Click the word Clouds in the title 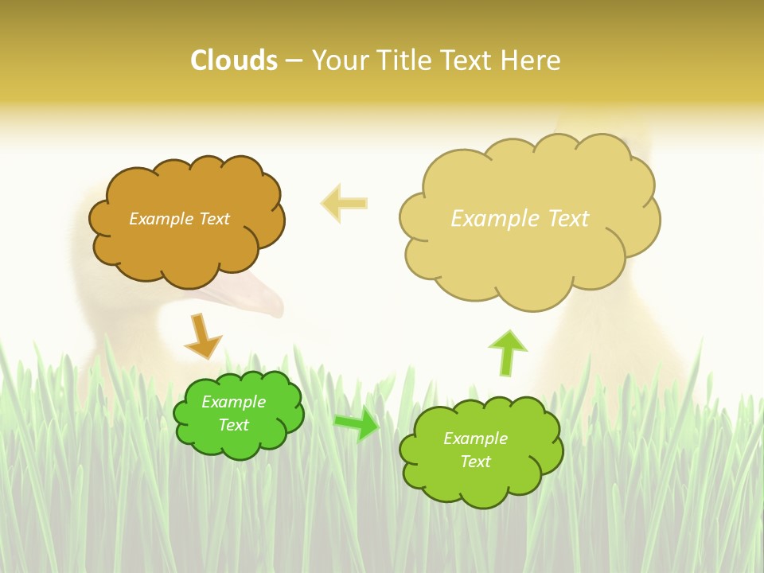(234, 60)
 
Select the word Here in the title (530, 60)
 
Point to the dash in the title (294, 61)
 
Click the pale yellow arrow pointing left (345, 203)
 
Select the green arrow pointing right (357, 424)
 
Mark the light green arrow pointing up (507, 353)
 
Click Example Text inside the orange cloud (179, 219)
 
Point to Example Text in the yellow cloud (520, 219)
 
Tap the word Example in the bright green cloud (233, 402)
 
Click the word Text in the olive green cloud (475, 462)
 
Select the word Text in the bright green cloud (233, 425)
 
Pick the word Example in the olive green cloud (475, 439)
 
